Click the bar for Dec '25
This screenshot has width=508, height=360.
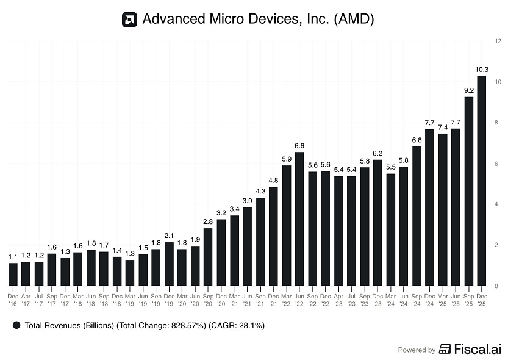coord(482,181)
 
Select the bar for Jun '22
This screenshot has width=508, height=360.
coord(299,218)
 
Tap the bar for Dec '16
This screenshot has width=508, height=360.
coord(13,275)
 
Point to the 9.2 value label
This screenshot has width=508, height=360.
coord(469,90)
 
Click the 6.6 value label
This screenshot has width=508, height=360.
coord(299,145)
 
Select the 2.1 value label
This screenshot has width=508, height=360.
coord(169,236)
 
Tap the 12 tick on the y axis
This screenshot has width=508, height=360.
coord(498,41)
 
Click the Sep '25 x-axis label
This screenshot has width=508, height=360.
coord(469,299)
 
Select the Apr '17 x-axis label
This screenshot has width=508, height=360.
coord(26,299)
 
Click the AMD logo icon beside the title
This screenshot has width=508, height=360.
coord(129,20)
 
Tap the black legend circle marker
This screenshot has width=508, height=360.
coord(16,326)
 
